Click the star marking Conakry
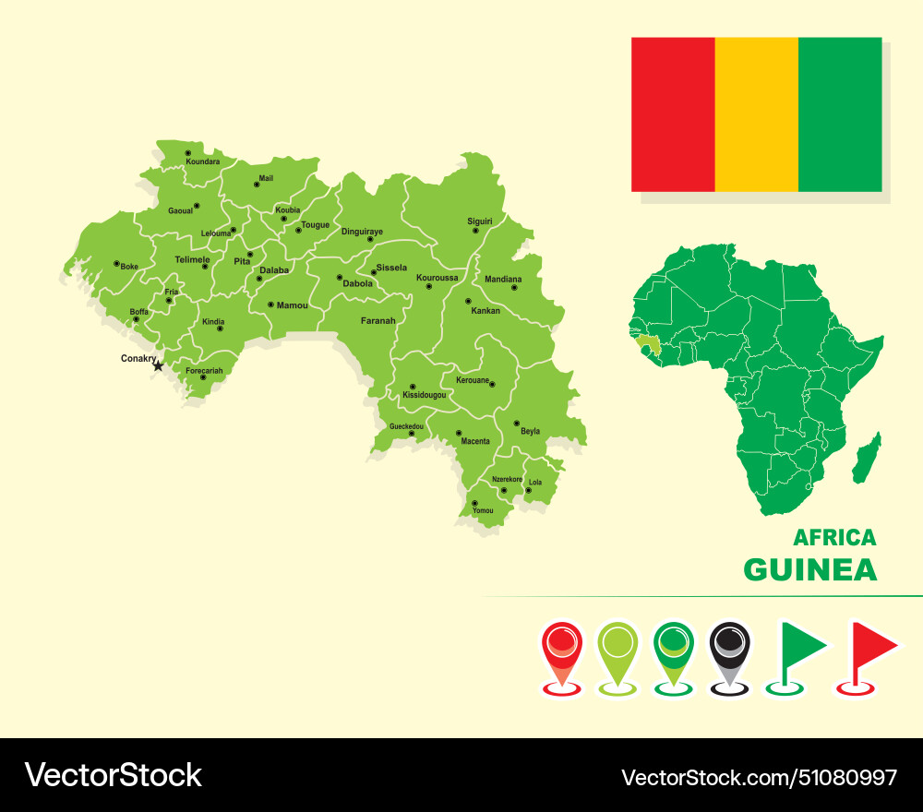158,366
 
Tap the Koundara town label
203,161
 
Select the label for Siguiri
480,221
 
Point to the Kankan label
485,311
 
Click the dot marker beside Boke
116,263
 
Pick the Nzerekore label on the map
507,479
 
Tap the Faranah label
378,321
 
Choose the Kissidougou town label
425,395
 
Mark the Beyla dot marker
517,423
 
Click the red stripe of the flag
673,114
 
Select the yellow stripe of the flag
756,114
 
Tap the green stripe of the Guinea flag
840,114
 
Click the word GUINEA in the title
809,569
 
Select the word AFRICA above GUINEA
834,537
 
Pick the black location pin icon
730,651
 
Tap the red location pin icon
562,651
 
